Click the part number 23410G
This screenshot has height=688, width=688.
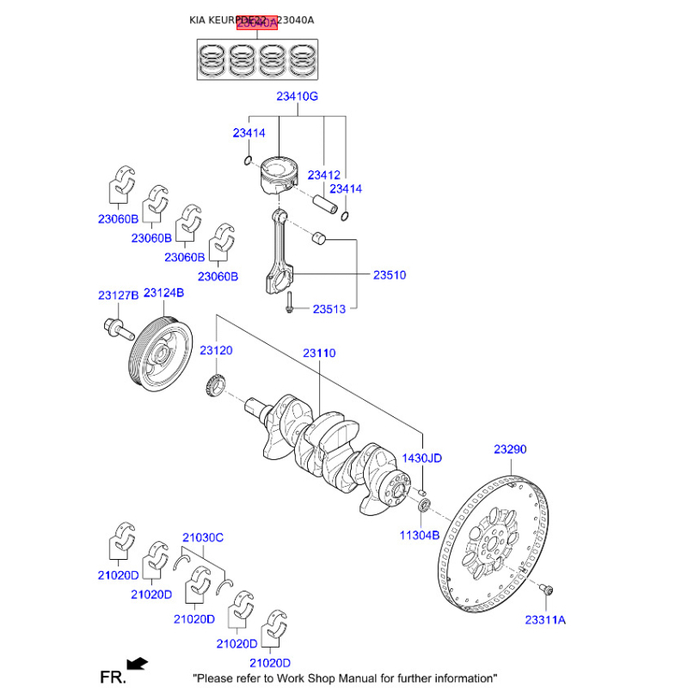297,97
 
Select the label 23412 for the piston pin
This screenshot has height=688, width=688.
324,175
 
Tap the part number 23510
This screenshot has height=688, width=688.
389,275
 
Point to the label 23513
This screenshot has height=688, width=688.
329,309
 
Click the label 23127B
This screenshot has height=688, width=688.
118,295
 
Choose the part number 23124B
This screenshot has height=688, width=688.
163,293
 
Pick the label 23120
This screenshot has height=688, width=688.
216,351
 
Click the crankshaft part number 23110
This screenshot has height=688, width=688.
318,353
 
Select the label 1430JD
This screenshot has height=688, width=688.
421,458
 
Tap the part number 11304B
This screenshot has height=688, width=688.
419,534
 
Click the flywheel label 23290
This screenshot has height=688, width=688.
510,449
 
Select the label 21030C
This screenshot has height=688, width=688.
202,537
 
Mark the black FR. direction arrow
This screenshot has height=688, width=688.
136,663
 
